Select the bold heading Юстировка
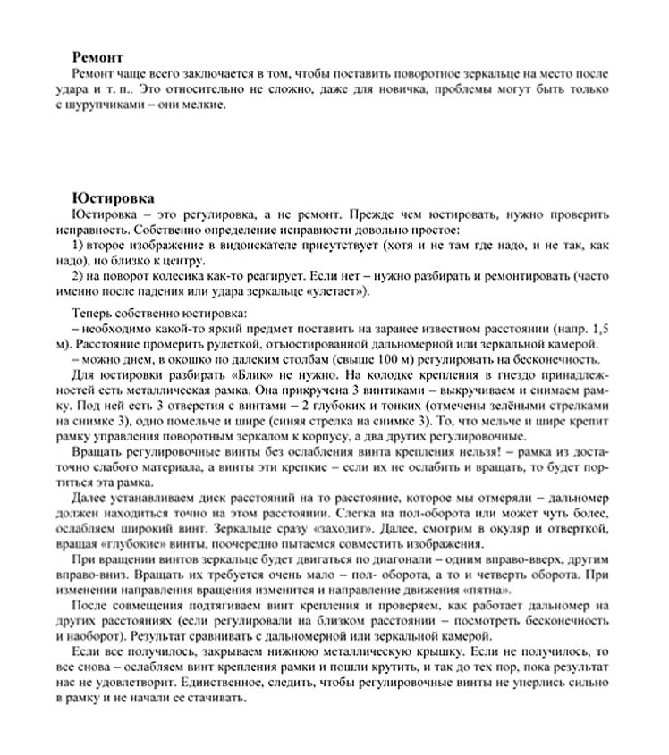(112, 198)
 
